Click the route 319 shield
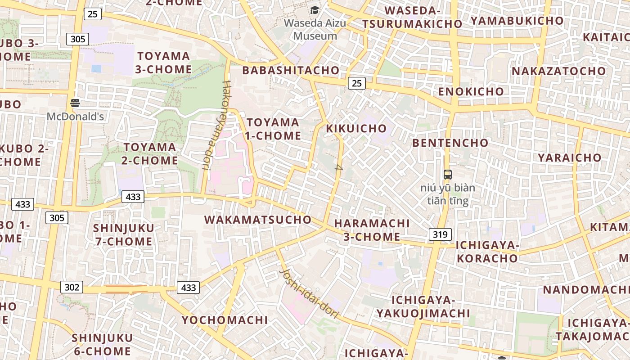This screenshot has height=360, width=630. click(x=440, y=234)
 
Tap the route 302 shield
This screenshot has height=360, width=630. click(x=72, y=287)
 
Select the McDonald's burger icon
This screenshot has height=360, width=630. click(x=75, y=103)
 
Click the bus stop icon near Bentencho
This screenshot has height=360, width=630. click(x=447, y=174)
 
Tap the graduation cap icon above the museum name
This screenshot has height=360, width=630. click(x=315, y=10)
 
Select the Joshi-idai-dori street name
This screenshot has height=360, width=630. click(x=309, y=294)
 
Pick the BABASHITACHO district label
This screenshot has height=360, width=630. click(x=291, y=70)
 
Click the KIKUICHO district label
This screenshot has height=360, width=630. click(x=356, y=128)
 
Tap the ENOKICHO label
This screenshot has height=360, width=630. click(x=471, y=91)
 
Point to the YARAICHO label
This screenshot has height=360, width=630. click(x=570, y=157)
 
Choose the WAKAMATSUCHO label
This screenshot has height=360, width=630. click(x=258, y=220)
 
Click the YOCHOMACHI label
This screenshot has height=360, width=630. click(x=225, y=320)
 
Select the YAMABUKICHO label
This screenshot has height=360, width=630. click(x=517, y=21)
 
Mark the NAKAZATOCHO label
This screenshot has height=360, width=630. click(x=559, y=71)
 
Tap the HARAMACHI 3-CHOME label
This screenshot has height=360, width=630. click(x=372, y=230)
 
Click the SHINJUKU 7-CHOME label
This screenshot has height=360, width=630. click(x=124, y=234)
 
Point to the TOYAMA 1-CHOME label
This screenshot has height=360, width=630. click(x=273, y=129)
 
